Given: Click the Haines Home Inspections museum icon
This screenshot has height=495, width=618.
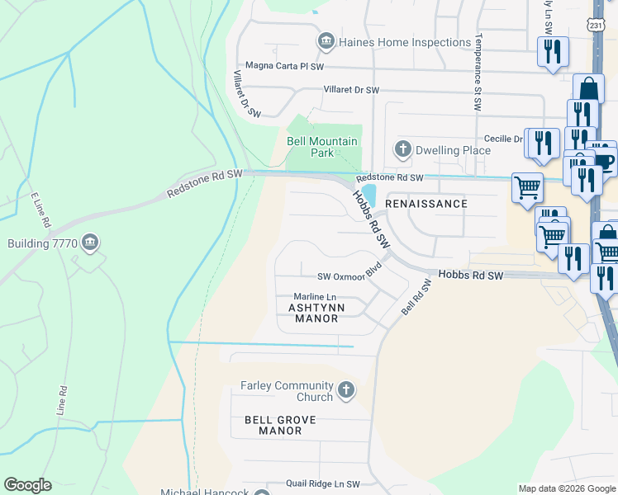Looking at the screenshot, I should [x=326, y=41].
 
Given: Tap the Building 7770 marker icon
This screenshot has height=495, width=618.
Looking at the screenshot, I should [x=92, y=243].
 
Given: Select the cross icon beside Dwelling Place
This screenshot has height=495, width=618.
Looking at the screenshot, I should [x=402, y=150].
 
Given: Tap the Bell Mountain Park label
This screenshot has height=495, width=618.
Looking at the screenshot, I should [x=322, y=147].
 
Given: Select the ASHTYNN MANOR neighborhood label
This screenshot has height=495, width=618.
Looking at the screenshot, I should [x=312, y=313].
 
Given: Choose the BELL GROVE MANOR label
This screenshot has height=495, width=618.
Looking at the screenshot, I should [x=280, y=425].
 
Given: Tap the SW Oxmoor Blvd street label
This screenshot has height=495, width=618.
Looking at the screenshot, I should [x=353, y=276].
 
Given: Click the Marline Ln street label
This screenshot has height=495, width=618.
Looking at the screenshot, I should [x=316, y=297].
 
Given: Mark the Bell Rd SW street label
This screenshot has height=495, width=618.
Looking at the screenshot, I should [x=416, y=296].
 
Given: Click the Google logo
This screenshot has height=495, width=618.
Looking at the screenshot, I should [x=27, y=485].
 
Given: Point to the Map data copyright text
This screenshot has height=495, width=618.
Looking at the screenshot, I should [x=566, y=488].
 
